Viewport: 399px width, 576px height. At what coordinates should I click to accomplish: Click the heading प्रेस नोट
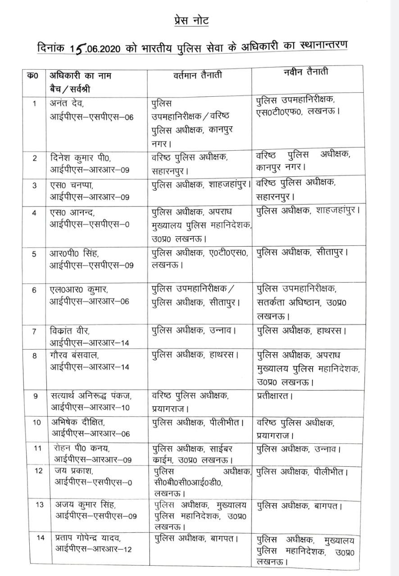[x=191, y=21]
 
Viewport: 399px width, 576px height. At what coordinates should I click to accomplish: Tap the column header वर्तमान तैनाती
[x=197, y=76]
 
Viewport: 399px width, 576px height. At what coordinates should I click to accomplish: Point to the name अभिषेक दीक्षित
[x=78, y=423]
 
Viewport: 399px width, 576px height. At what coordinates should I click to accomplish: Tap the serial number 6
[x=34, y=290]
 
